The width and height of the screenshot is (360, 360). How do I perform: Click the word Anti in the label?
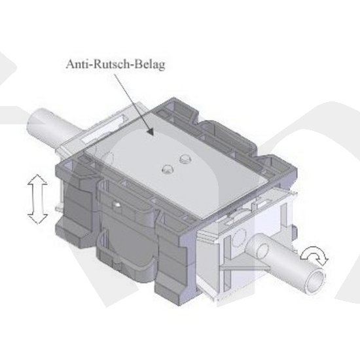[77, 64]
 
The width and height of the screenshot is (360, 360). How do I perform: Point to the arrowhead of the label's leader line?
[150, 132]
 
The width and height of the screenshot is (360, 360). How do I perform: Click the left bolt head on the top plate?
[168, 169]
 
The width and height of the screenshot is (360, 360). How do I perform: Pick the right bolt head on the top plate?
[185, 158]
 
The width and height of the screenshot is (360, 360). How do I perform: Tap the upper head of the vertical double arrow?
[37, 180]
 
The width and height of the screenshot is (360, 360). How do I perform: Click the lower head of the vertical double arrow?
[38, 219]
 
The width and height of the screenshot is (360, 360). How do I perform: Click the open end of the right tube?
[316, 281]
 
